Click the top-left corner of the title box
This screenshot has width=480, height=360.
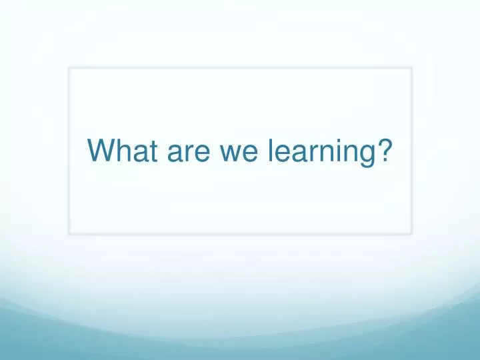(69, 68)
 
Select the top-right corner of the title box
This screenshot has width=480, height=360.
(411, 68)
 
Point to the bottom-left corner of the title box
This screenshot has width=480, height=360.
(69, 233)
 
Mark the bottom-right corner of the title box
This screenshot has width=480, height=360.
(411, 233)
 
